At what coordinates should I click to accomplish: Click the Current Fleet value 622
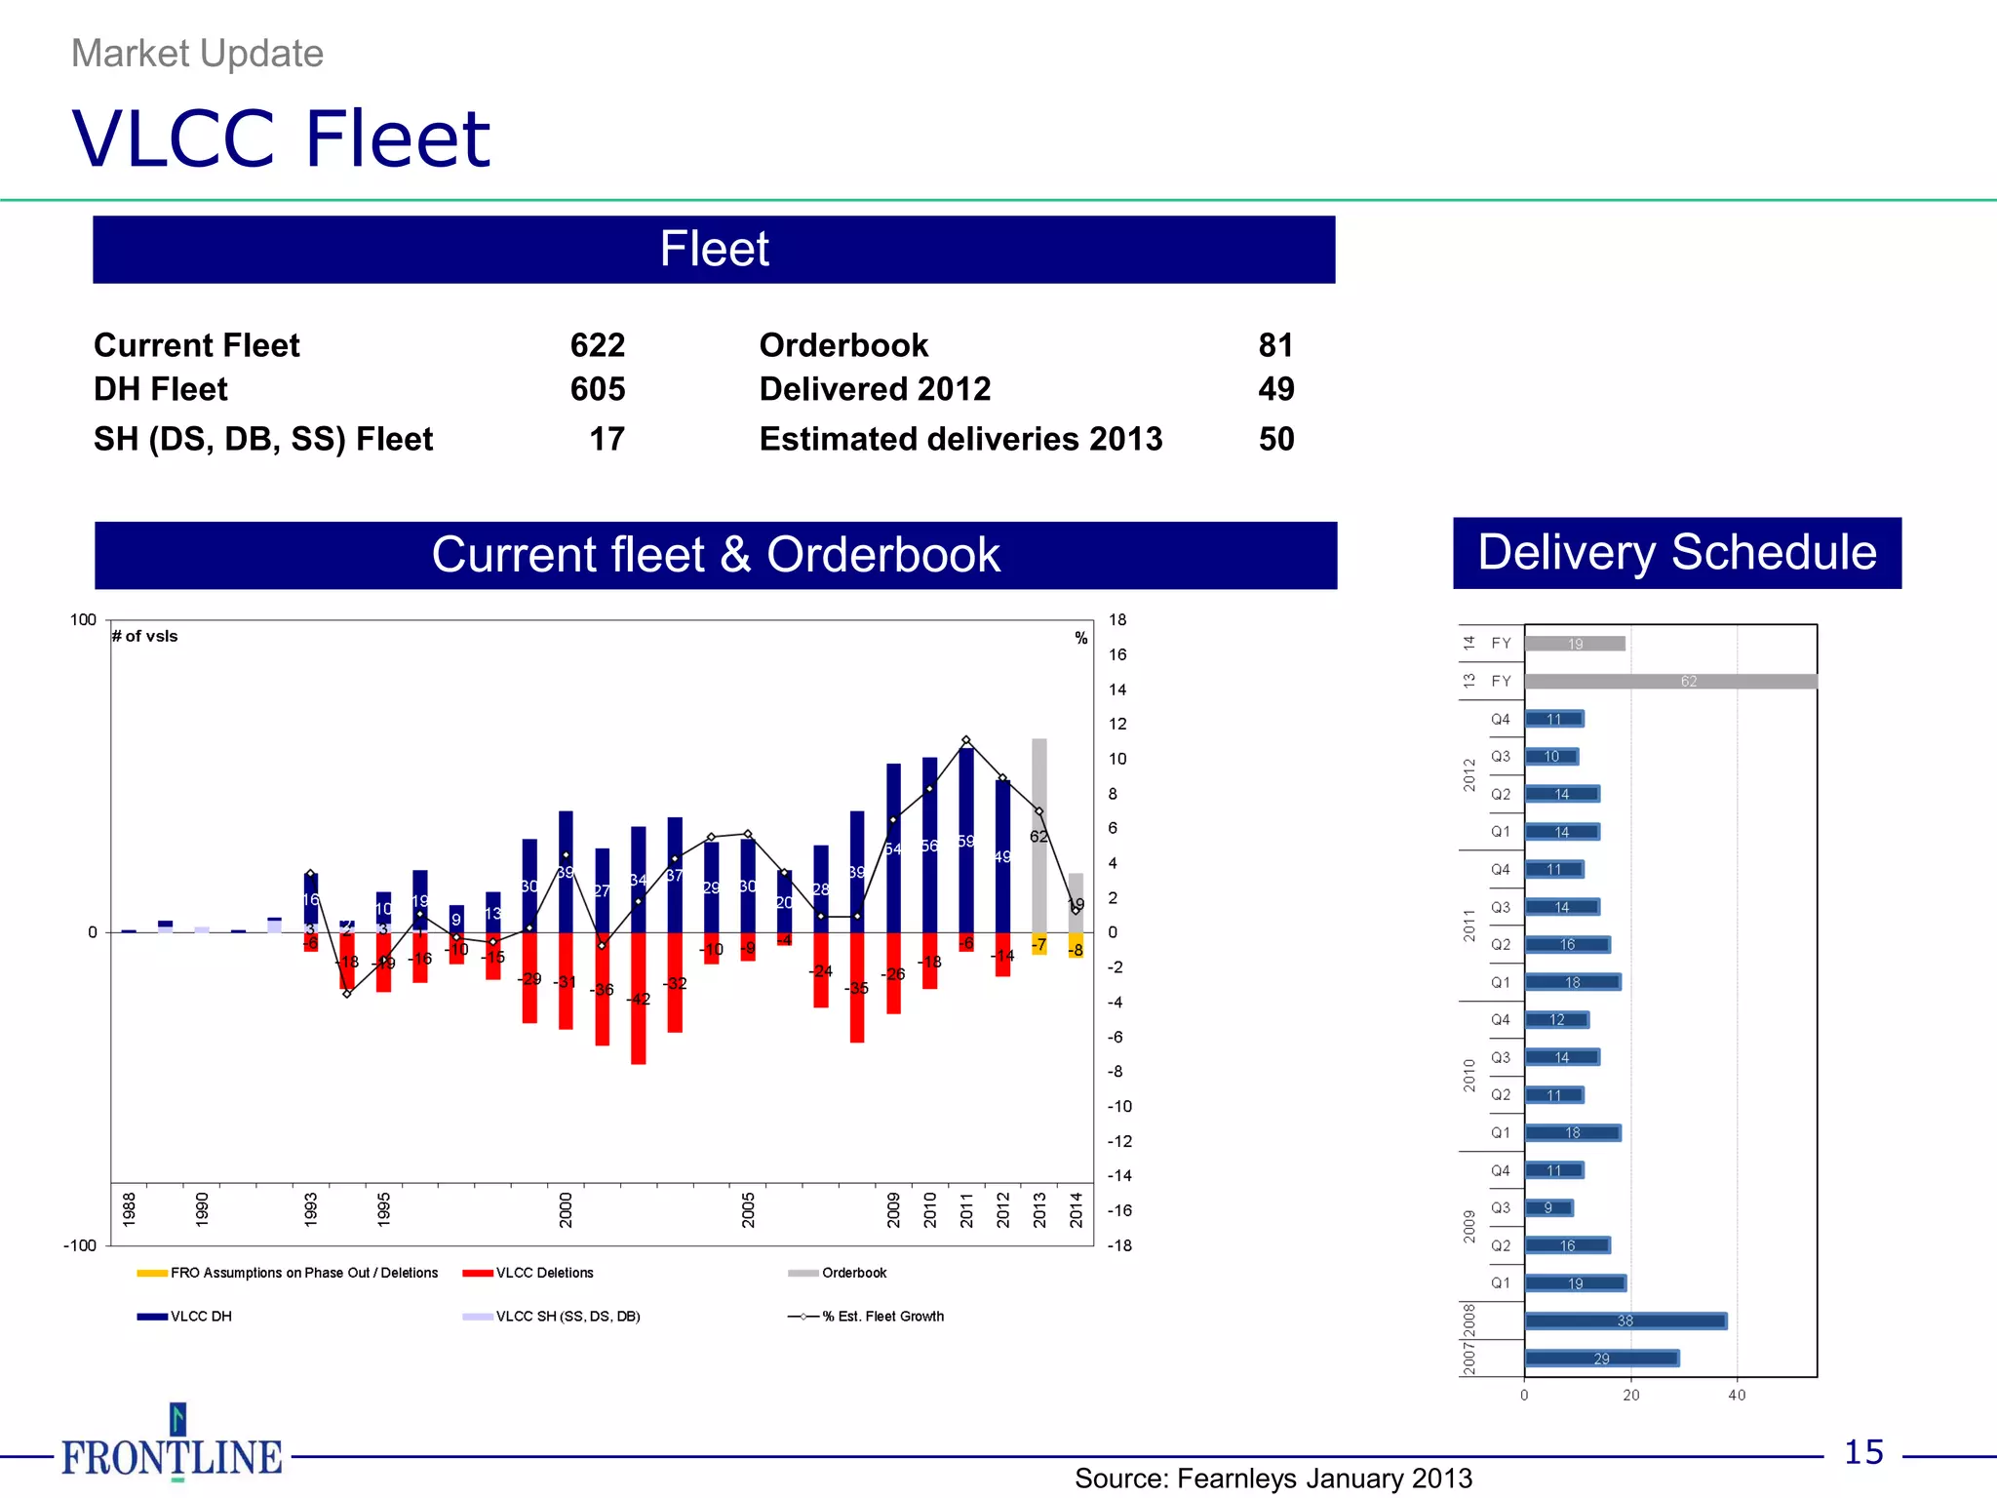pos(597,345)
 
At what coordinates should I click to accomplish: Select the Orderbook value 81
pos(1275,345)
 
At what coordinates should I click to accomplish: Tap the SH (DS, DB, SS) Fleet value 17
pos(607,439)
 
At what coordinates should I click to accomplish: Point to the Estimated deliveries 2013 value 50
pos(1275,439)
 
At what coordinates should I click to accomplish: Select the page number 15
pos(1863,1452)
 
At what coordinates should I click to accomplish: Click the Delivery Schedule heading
pos(1676,553)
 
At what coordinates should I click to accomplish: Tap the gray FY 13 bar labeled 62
pos(1669,682)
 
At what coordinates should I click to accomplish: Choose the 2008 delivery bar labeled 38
pos(1625,1321)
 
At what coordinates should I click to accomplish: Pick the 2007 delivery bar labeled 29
pos(1601,1359)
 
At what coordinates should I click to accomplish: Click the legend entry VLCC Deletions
pos(544,1273)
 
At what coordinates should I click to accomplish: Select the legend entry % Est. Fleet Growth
pos(882,1317)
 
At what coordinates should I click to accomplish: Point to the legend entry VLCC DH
pos(201,1317)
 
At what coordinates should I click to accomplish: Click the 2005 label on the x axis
pos(748,1209)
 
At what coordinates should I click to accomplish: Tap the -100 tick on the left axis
pos(80,1245)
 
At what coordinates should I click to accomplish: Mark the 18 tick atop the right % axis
pos(1117,620)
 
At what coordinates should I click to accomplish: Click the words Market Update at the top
pos(197,54)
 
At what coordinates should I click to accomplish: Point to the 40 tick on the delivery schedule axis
pos(1737,1396)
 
